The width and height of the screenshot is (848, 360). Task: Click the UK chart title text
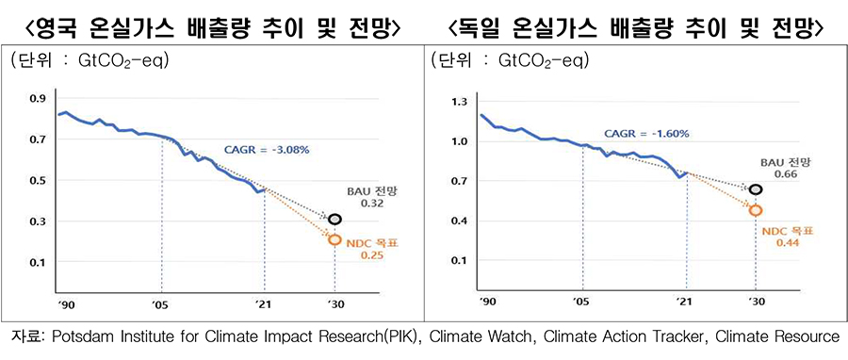(211, 26)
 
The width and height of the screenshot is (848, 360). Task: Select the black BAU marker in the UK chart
(334, 219)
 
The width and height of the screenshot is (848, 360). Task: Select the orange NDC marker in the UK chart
(334, 239)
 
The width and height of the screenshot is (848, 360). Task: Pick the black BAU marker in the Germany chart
(755, 189)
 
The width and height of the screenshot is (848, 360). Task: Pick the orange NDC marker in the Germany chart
(755, 210)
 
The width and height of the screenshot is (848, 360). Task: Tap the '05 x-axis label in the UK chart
(161, 303)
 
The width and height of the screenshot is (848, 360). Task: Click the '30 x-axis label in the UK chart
(334, 303)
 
